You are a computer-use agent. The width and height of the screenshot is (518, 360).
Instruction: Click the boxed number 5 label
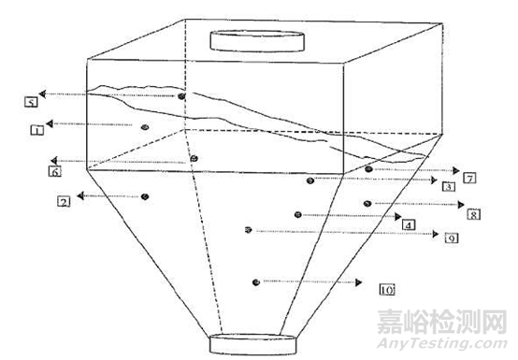pyautogui.click(x=31, y=100)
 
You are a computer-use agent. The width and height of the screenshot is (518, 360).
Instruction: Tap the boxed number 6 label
pyautogui.click(x=55, y=172)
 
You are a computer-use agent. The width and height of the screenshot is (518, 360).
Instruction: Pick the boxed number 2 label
pyautogui.click(x=64, y=201)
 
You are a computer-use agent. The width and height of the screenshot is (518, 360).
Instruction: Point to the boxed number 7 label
pyautogui.click(x=468, y=177)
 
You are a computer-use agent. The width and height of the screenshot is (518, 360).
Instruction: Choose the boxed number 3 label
pyautogui.click(x=448, y=187)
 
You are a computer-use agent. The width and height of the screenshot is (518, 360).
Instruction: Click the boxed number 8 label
pyautogui.click(x=474, y=213)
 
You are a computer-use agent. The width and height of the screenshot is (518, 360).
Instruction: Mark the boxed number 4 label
pyautogui.click(x=409, y=224)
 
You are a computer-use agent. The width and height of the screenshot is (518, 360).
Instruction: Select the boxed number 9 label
pyautogui.click(x=451, y=239)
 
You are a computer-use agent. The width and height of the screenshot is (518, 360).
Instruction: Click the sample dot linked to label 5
pyautogui.click(x=182, y=96)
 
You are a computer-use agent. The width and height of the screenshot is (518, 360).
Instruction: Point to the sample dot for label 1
pyautogui.click(x=144, y=125)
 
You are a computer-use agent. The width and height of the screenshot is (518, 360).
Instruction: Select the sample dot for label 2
pyautogui.click(x=145, y=196)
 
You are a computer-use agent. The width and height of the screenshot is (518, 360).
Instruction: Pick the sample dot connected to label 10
pyautogui.click(x=256, y=281)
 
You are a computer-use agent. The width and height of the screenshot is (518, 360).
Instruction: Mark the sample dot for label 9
pyautogui.click(x=248, y=229)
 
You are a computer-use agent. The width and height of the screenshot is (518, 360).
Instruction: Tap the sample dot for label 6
pyautogui.click(x=194, y=159)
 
